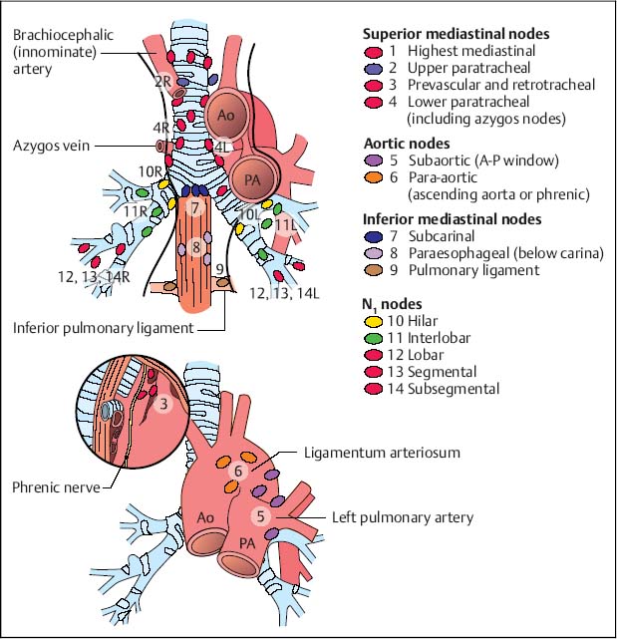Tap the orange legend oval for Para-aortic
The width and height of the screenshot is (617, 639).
[x=374, y=176]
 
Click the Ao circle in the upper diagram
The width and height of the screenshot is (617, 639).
[x=226, y=116]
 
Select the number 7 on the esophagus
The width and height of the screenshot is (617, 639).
[x=196, y=207]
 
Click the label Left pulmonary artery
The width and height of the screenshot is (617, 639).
[x=402, y=516]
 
